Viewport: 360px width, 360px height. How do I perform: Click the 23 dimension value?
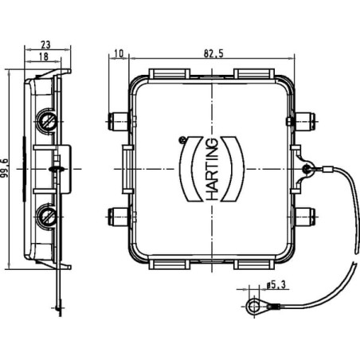click(45, 45)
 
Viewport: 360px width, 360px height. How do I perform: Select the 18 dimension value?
click(44, 57)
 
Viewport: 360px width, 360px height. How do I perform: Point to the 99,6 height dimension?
click(5, 168)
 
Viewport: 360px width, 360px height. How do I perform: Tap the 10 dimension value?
click(119, 53)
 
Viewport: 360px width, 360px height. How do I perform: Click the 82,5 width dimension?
click(213, 53)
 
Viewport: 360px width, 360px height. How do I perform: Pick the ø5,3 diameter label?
click(276, 285)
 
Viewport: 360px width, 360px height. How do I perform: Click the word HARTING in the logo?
click(212, 169)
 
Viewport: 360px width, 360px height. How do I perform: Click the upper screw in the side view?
click(47, 122)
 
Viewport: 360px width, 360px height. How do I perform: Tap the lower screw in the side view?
click(47, 216)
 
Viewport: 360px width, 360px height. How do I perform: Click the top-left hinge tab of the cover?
click(170, 73)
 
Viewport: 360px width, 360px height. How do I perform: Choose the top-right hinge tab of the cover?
click(253, 73)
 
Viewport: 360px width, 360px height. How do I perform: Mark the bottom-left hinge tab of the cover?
click(170, 264)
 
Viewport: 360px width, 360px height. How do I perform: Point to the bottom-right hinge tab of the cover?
click(253, 264)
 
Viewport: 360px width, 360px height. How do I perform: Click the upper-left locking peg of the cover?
click(118, 121)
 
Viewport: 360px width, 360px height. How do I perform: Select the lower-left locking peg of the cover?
click(118, 217)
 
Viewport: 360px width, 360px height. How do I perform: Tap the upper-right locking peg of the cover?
click(305, 121)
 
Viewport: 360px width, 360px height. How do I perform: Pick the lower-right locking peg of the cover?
click(305, 217)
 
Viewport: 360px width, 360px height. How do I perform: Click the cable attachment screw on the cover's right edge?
click(307, 168)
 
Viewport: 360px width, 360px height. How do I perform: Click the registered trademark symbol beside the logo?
click(182, 139)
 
